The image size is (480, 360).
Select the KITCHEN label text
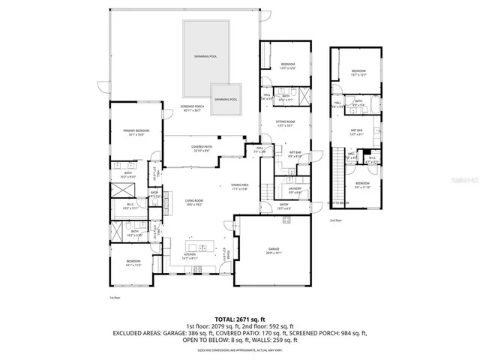click(189, 256)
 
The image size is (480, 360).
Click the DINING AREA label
click(240, 187)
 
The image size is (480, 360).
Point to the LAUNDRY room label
click(295, 190)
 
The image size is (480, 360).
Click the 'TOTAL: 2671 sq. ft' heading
click(240, 319)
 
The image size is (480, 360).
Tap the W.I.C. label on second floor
click(372, 159)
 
